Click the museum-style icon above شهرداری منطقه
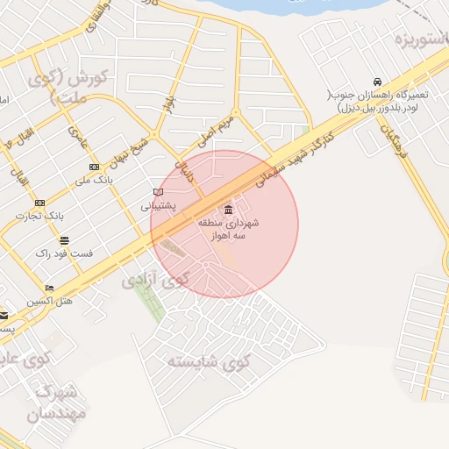point(228,210)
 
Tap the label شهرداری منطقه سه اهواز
point(228,229)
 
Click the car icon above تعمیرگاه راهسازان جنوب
point(376,81)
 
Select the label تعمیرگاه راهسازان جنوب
point(376,102)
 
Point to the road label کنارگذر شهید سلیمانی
point(295,160)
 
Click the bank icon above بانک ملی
point(94,167)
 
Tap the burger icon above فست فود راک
point(64,239)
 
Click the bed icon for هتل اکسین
point(49,288)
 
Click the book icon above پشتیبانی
point(158,192)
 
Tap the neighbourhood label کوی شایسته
point(209,361)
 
